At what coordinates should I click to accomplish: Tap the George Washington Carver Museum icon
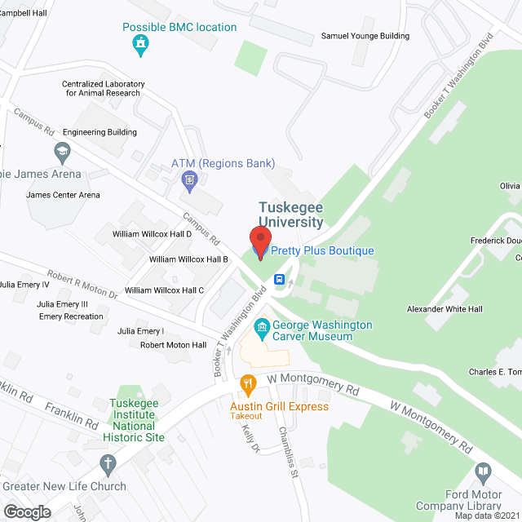point(263,330)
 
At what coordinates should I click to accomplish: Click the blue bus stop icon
point(279,279)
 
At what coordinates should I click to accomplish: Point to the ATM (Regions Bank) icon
point(190,179)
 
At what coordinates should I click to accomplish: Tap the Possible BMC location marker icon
point(142,45)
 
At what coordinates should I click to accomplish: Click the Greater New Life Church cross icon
point(106,465)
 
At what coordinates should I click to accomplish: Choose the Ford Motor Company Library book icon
point(484,473)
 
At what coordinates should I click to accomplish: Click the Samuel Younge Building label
point(365,36)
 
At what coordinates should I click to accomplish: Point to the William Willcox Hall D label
point(152,234)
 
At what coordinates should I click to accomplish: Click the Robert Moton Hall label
point(173,345)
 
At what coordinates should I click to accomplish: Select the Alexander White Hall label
point(445,309)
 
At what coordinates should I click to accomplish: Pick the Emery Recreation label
point(71,316)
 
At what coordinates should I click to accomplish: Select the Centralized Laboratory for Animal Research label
point(104,88)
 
